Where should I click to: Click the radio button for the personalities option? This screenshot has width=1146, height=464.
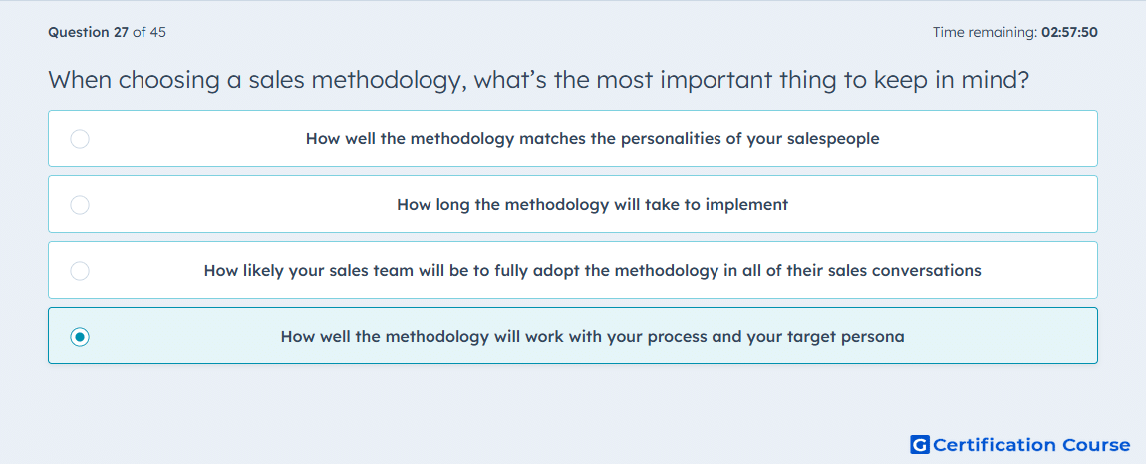(x=80, y=138)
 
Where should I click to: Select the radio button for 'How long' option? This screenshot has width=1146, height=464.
(x=80, y=204)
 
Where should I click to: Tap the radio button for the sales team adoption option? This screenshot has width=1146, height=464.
(x=80, y=271)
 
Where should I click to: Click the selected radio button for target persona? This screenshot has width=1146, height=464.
(x=80, y=337)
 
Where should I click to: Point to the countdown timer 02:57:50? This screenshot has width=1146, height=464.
(x=1069, y=32)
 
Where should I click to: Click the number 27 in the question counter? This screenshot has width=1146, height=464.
(x=122, y=32)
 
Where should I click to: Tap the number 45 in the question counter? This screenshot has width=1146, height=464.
(x=157, y=32)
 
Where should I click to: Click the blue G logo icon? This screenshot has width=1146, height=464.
(x=920, y=444)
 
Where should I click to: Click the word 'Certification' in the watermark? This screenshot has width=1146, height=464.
(x=995, y=444)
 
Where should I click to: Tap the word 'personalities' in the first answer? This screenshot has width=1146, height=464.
(x=662, y=138)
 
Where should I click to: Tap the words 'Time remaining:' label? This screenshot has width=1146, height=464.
(x=986, y=32)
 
